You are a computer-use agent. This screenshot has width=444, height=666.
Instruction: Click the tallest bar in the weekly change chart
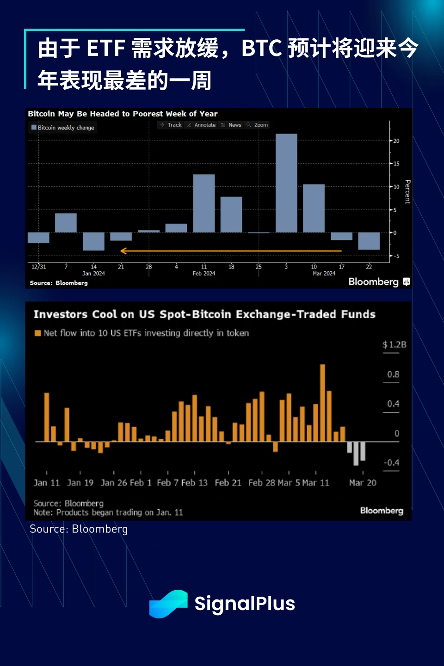(286, 183)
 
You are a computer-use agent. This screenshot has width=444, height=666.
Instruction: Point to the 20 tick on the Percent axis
(396, 141)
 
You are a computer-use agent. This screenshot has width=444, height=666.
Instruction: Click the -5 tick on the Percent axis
(396, 256)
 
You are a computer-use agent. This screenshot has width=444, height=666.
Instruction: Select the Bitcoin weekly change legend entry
(63, 128)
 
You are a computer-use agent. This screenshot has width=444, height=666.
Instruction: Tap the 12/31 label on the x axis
(39, 267)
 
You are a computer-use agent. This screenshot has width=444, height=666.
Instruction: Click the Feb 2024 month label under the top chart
(204, 274)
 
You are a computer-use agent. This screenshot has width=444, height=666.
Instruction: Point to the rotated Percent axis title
(407, 192)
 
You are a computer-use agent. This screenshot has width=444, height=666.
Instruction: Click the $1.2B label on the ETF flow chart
(394, 345)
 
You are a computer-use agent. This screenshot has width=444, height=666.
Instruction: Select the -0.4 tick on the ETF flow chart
(391, 463)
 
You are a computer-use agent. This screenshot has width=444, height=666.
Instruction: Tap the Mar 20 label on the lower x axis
(363, 483)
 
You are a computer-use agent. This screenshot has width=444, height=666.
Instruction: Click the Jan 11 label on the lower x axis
(46, 483)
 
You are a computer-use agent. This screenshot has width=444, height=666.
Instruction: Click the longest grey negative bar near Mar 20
(356, 453)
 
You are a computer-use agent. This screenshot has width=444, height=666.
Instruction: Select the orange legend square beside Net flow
(38, 333)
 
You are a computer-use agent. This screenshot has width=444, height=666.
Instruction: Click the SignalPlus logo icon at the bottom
(168, 604)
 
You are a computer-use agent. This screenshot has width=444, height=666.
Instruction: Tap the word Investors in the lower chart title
(60, 315)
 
